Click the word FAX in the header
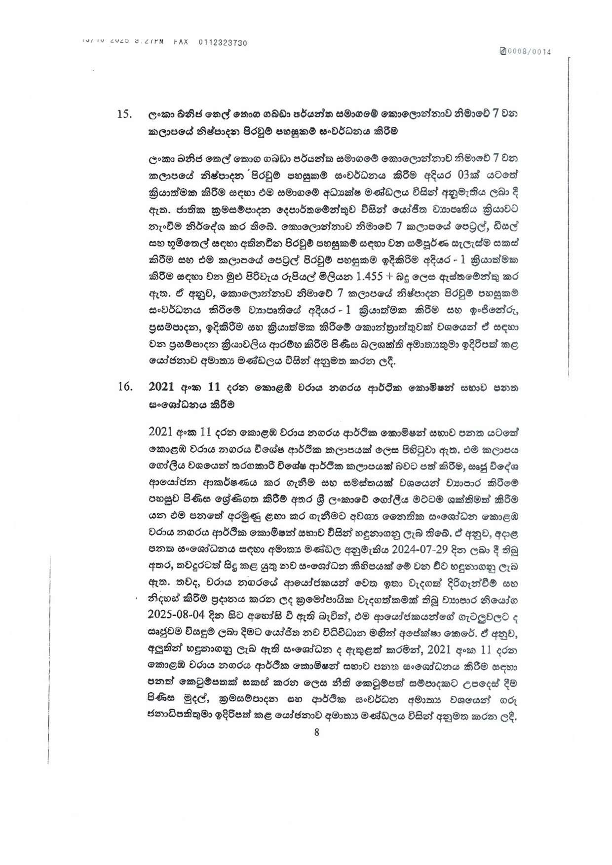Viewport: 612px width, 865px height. [x=181, y=43]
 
